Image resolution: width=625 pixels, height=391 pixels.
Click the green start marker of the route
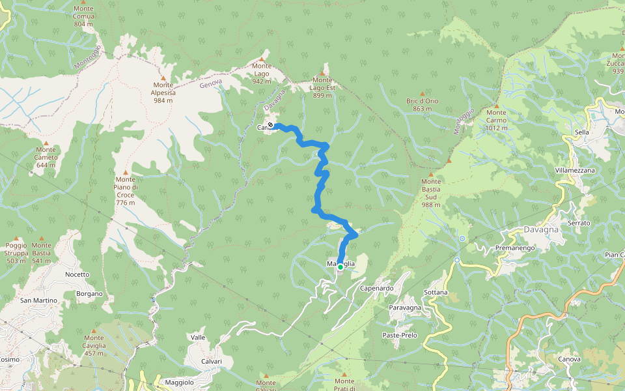(340, 267)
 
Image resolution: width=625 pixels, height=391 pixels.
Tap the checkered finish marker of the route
(270, 125)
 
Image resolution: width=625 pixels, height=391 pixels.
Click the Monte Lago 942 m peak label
(261, 73)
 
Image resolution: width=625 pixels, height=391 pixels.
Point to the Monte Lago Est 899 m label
(322, 87)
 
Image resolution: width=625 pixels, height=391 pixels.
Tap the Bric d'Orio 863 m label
(422, 104)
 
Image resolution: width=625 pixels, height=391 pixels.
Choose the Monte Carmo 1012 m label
(496, 120)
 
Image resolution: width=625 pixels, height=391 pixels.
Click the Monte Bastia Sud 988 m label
(430, 193)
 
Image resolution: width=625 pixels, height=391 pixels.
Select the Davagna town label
(541, 229)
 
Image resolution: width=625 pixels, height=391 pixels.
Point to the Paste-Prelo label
(400, 335)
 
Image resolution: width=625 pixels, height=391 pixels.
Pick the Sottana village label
(436, 292)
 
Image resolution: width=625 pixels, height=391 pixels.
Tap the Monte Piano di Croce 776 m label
(125, 191)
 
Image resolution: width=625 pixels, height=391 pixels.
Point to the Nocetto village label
(77, 274)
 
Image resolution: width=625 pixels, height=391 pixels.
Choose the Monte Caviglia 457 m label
(94, 345)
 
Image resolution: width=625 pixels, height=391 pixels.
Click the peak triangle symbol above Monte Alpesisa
(163, 78)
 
